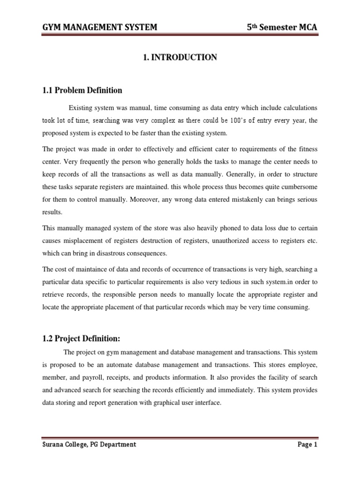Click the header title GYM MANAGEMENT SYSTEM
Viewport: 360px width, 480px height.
point(99,28)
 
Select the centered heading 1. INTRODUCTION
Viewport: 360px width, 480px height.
point(180,58)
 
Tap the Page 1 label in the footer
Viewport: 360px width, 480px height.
point(307,444)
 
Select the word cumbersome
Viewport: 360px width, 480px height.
point(298,187)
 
